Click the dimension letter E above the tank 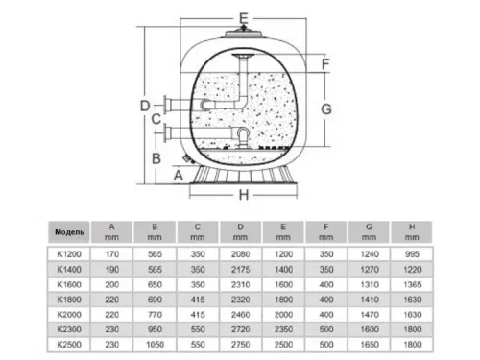tap(243, 17)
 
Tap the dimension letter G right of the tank tap(326, 108)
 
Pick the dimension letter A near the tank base tap(177, 176)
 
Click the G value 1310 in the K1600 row tap(369, 283)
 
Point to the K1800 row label tap(70, 299)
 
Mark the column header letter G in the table tap(369, 227)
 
